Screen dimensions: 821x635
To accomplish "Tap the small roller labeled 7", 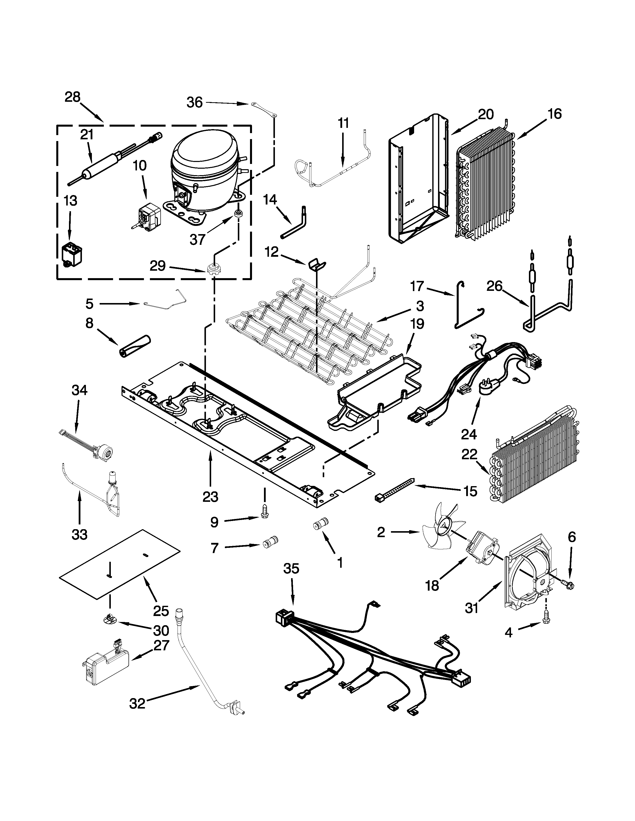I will tap(270, 543).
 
